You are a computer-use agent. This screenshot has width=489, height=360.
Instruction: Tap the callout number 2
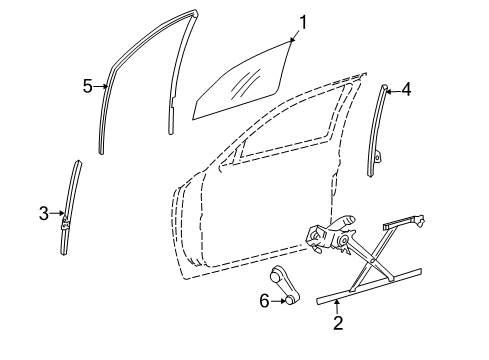pos(338,323)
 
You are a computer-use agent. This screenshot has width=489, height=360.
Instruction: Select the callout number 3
pos(44,212)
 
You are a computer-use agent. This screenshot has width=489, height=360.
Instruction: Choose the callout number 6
pos(264,299)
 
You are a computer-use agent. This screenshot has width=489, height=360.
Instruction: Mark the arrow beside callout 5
pos(101,87)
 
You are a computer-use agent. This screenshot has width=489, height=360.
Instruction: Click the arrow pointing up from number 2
pos(338,306)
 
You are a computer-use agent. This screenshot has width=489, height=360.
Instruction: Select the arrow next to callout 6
pos(279,299)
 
